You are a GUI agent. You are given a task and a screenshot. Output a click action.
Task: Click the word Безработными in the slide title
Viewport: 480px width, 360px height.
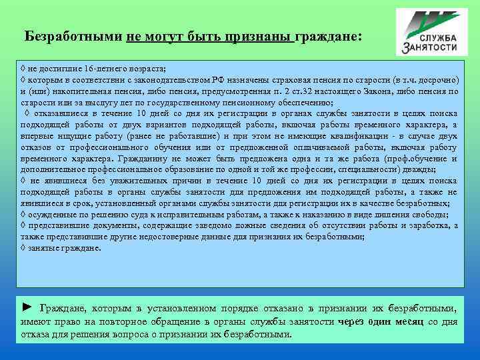[73, 35]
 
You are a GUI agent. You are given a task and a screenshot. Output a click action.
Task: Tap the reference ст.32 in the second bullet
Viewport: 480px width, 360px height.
[323, 91]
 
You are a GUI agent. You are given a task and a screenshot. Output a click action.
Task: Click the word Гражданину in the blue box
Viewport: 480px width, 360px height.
[141, 159]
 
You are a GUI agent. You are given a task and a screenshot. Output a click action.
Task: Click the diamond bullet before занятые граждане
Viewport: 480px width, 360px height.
[23, 248]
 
